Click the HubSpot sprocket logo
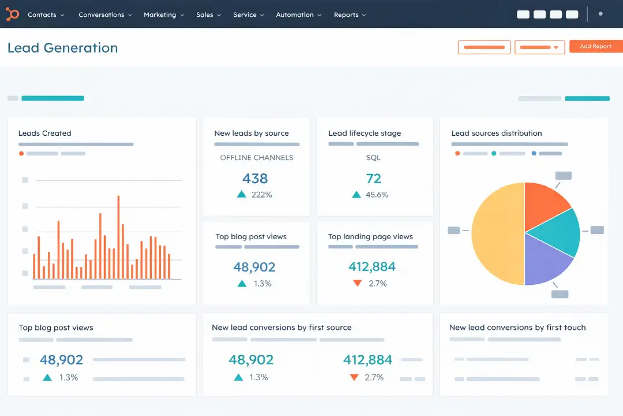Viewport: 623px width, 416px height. point(13,14)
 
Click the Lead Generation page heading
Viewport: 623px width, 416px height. point(62,48)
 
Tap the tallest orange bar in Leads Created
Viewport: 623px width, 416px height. point(118,237)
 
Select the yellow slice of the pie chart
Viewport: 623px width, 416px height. point(496,234)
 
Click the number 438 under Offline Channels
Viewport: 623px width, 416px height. point(255,178)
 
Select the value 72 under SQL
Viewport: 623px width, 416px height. point(373,178)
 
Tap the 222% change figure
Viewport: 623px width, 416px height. point(261,195)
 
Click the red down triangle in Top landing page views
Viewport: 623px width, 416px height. point(357,283)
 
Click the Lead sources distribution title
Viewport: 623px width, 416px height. point(496,133)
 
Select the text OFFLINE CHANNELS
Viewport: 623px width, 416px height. point(256,158)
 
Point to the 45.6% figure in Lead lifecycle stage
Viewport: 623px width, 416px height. point(377,195)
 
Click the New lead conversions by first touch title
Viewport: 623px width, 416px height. point(517,328)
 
